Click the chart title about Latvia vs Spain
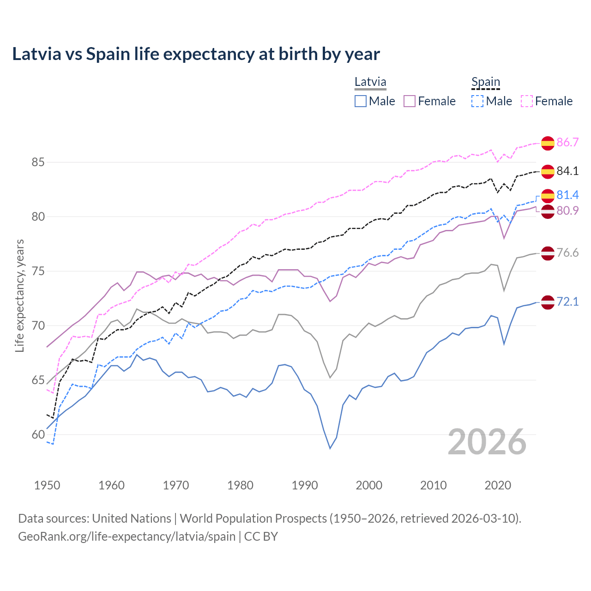point(196,54)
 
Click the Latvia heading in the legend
point(370,82)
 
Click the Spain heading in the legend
point(486,82)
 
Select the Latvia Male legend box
point(361,101)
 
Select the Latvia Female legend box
point(410,101)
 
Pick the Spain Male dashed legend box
point(477,101)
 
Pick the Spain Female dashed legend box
point(527,101)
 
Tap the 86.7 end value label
point(567,142)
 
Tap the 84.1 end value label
point(567,171)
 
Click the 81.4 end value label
point(567,195)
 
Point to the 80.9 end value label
point(567,211)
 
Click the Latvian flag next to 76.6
point(548,253)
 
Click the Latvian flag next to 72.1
point(548,302)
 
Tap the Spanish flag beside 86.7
point(548,143)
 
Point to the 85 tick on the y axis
point(38,163)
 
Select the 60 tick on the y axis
point(38,434)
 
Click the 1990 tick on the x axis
point(305,485)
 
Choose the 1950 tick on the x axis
point(47,485)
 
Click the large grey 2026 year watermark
point(487,442)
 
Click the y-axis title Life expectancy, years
point(20,295)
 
